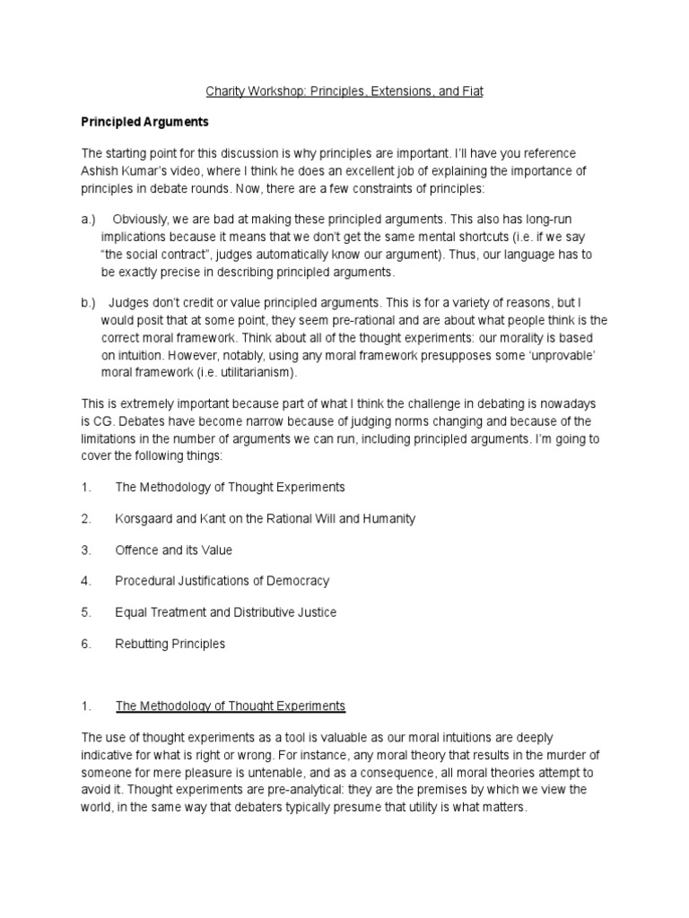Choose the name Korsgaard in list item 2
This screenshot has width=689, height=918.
coord(147,518)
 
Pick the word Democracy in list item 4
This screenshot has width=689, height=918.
coord(296,581)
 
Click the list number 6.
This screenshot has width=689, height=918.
coord(86,644)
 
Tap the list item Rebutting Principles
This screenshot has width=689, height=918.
coord(170,644)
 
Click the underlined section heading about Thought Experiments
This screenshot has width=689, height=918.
coord(230,706)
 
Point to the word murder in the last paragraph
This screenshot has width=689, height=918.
coord(573,755)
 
